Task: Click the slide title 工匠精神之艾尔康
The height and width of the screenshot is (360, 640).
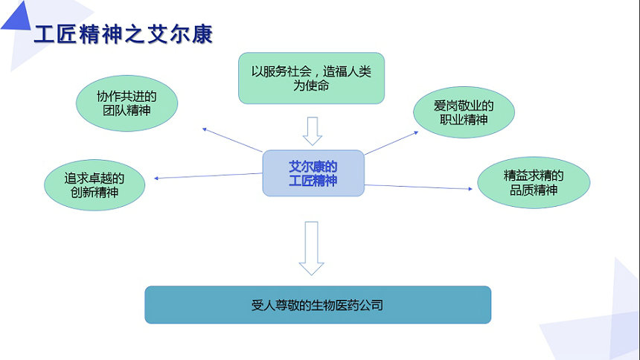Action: (x=124, y=34)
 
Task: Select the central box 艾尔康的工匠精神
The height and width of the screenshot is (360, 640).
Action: (x=313, y=173)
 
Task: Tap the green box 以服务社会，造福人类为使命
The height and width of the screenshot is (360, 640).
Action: (x=311, y=78)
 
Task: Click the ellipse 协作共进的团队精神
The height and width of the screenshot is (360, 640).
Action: (x=127, y=103)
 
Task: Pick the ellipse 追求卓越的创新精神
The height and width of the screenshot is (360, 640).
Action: (x=95, y=185)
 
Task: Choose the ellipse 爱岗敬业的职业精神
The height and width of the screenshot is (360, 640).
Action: (x=464, y=112)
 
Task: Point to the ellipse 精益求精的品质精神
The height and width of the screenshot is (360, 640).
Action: (x=534, y=182)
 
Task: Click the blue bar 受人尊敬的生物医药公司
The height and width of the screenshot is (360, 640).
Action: (x=318, y=305)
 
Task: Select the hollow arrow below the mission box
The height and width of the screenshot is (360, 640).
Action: (x=313, y=131)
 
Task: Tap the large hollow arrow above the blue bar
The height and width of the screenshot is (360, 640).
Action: (x=311, y=248)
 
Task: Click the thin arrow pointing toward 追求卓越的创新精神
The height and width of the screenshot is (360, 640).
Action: (x=208, y=176)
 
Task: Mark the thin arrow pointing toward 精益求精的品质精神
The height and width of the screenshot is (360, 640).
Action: (x=418, y=187)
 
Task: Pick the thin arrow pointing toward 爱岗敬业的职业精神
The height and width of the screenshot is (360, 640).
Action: (x=391, y=143)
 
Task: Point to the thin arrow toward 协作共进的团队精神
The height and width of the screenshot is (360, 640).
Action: (x=232, y=140)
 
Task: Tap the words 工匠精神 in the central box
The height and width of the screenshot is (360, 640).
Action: (x=313, y=181)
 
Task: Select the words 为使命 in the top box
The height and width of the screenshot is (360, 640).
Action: (x=311, y=86)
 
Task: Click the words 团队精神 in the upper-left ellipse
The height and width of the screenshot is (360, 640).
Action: (x=127, y=110)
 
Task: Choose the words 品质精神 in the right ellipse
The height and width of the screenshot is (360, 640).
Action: (x=534, y=190)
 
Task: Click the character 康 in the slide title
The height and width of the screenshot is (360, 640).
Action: (x=202, y=34)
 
